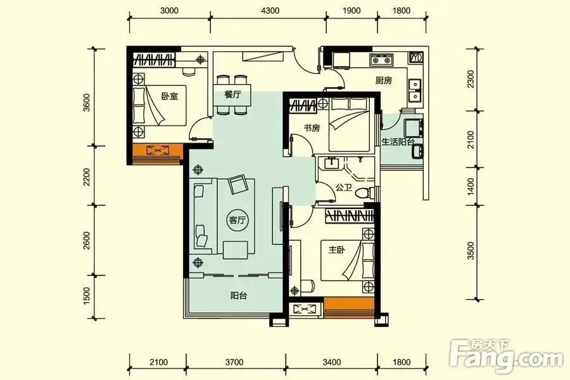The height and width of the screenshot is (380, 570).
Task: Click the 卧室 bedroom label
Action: coord(170,96)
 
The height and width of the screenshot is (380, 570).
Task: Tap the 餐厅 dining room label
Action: coord(232,94)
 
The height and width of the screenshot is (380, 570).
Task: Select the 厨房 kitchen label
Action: coord(384,80)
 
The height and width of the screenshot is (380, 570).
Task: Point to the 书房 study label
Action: coord(312,128)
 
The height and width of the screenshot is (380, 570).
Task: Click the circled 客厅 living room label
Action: coord(237,220)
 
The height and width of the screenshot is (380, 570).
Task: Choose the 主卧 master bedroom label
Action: coord(337,250)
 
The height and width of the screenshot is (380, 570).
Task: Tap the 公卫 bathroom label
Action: coord(344,187)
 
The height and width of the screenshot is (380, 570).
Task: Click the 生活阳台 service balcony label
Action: coord(398,142)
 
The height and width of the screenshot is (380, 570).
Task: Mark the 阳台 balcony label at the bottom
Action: coord(239,296)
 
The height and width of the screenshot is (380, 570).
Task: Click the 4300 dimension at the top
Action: coord(270,11)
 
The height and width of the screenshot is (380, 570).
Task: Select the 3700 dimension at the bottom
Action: coord(234,362)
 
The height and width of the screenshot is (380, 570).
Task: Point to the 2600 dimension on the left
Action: coord(87,241)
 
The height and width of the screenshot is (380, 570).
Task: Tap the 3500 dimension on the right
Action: coord(471,251)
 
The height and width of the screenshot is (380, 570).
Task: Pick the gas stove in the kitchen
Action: coord(381,60)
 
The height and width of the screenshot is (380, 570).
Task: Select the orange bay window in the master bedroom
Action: coord(348,308)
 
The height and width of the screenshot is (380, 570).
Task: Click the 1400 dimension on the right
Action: coord(471,187)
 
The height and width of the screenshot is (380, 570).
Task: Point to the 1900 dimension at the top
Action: coord(351,11)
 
